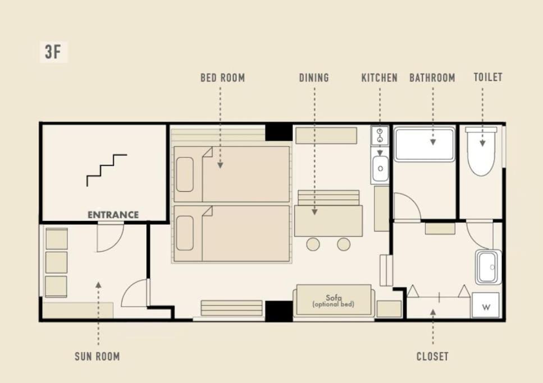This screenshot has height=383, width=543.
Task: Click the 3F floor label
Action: click(x=53, y=52)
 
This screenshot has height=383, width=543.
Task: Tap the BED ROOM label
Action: click(x=223, y=78)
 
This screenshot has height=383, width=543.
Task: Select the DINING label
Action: click(x=314, y=78)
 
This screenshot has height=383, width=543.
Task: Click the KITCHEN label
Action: click(x=380, y=78)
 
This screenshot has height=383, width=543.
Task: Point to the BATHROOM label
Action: click(x=432, y=78)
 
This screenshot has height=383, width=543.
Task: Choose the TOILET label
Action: click(x=488, y=77)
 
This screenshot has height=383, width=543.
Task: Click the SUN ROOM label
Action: click(x=97, y=356)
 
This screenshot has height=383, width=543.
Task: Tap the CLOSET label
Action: click(x=432, y=356)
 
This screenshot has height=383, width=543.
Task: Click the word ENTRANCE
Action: click(x=113, y=215)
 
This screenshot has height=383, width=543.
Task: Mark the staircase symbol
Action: click(x=107, y=170)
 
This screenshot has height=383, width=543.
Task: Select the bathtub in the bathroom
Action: click(x=425, y=144)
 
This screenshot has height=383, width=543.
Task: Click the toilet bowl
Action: click(x=481, y=151)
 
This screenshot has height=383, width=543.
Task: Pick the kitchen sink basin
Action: click(x=380, y=168)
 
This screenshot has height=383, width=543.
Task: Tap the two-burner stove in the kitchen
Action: click(x=380, y=136)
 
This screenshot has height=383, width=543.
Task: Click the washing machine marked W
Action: click(x=486, y=306)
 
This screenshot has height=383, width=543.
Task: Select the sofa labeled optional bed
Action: click(x=334, y=301)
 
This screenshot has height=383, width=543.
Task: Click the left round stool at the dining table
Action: click(x=313, y=244)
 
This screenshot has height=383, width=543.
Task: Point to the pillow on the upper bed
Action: click(x=185, y=174)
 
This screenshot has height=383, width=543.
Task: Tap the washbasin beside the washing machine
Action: click(x=489, y=267)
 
